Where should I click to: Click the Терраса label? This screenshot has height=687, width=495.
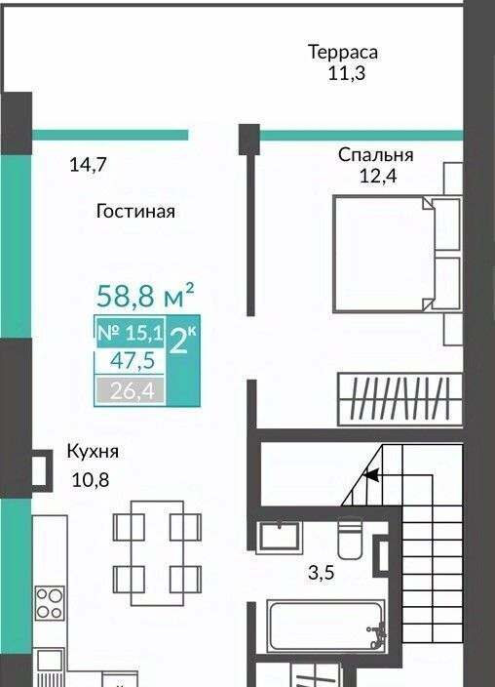[x=343, y=52]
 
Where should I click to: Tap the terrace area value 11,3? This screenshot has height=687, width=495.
[x=347, y=73]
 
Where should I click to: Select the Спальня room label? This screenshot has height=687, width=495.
[x=375, y=155]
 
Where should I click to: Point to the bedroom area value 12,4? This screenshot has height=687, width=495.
[x=378, y=176]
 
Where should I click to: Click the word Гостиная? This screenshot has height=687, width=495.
[x=135, y=211]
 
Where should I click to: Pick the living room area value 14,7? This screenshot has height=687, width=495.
[x=89, y=165]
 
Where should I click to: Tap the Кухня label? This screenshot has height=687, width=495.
[x=93, y=451]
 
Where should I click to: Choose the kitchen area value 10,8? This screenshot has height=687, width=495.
[x=91, y=480]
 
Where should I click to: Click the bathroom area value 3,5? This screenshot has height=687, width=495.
[x=322, y=573]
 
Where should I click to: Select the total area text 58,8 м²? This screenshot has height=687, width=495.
[x=145, y=296]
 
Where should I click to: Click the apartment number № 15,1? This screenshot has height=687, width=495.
[x=130, y=333]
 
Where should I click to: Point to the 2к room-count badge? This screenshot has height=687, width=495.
[x=183, y=342]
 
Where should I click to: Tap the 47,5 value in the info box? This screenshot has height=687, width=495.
[x=133, y=361]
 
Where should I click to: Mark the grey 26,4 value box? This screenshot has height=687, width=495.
[x=131, y=390]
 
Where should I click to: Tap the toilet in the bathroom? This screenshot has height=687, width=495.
[x=350, y=538]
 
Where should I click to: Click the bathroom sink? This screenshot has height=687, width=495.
[x=281, y=535]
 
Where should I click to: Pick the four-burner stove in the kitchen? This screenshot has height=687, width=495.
[x=50, y=603]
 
